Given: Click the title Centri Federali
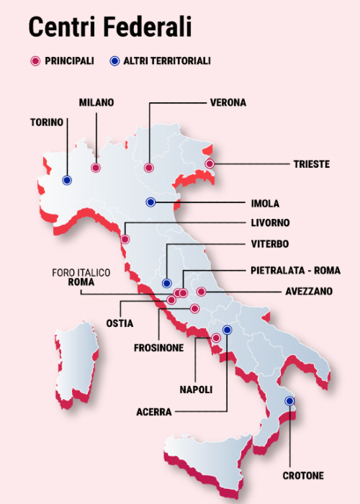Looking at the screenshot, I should (x=109, y=27).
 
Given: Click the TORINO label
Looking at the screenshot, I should (x=47, y=122).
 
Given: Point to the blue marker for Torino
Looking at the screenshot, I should (x=67, y=180).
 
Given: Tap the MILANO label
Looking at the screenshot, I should (x=96, y=102).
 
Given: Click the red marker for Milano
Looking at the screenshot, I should (x=95, y=167).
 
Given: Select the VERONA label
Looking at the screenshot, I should (x=228, y=102).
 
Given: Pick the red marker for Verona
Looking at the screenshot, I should (x=148, y=167).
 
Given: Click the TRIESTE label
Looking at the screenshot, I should (x=311, y=164).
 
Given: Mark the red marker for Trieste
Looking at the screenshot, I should (x=210, y=164).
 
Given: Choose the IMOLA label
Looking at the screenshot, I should (x=265, y=203).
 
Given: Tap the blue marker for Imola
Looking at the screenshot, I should (x=150, y=202).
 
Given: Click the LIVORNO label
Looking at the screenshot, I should (x=271, y=222).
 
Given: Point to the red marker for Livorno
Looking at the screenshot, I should (x=125, y=239).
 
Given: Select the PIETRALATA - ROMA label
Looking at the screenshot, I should (x=295, y=271).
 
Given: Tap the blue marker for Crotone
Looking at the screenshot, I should (x=289, y=401).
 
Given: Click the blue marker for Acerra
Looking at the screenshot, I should (x=227, y=330).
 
